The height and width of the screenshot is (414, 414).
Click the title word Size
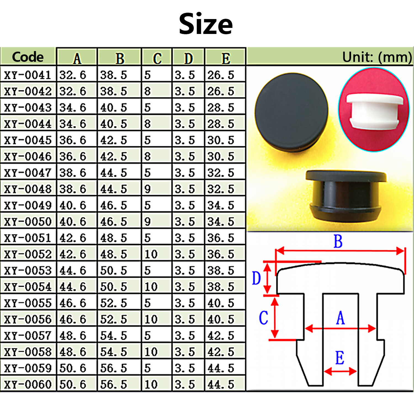pyautogui.click(x=206, y=24)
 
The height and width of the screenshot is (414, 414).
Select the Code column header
pyautogui.click(x=28, y=57)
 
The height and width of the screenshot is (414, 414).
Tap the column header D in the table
pyautogui.click(x=189, y=58)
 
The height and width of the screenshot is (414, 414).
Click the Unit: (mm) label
pyautogui.click(x=377, y=57)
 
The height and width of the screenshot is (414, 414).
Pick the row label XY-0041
pyautogui.click(x=28, y=75)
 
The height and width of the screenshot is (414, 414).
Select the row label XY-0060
pyautogui.click(x=28, y=384)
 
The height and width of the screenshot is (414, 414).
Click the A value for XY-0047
pyautogui.click(x=73, y=173)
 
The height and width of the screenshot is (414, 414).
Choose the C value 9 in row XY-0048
pyautogui.click(x=148, y=189)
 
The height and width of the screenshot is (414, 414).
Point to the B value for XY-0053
pyautogui.click(x=113, y=270)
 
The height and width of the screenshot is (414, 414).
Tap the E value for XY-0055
pyautogui.click(x=221, y=303)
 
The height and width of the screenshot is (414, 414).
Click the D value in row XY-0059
pyautogui.click(x=185, y=368)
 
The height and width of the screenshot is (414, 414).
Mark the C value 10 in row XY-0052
pyautogui.click(x=151, y=254)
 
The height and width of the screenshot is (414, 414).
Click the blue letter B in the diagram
pyautogui.click(x=338, y=241)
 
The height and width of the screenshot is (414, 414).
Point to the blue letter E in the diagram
pyautogui.click(x=340, y=358)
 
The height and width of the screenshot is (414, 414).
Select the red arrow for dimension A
pyautogui.click(x=340, y=328)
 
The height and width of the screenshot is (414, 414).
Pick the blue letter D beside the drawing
pyautogui.click(x=256, y=278)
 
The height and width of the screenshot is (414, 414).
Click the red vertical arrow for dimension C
pyautogui.click(x=275, y=317)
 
